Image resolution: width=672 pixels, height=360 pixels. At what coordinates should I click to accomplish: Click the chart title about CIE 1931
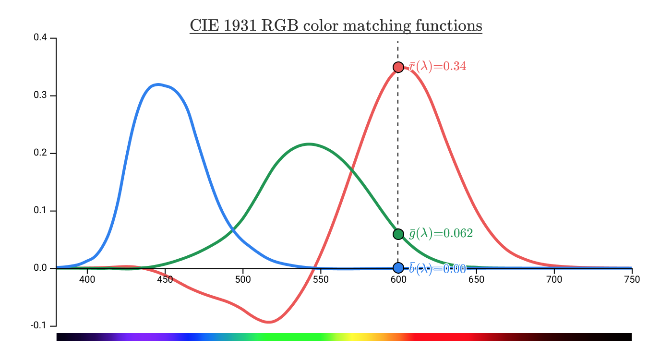click(x=336, y=25)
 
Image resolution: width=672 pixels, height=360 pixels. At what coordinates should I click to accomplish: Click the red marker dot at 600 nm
click(x=398, y=67)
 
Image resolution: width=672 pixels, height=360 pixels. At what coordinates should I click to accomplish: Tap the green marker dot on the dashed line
click(x=398, y=234)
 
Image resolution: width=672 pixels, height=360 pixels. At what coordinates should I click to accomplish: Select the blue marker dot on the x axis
click(x=398, y=268)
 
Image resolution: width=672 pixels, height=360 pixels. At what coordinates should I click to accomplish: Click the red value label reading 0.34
click(x=438, y=66)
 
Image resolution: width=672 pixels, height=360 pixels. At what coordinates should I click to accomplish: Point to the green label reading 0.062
click(x=441, y=233)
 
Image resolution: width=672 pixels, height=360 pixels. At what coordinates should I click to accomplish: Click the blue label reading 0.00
click(x=438, y=269)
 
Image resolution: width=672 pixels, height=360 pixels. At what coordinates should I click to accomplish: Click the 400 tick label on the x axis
click(x=87, y=280)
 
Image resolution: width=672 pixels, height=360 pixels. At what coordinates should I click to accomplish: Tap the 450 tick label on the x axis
click(x=165, y=280)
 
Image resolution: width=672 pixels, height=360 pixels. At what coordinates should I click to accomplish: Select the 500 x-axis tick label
click(x=243, y=280)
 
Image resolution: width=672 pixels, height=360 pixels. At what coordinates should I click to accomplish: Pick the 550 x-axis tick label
click(x=321, y=280)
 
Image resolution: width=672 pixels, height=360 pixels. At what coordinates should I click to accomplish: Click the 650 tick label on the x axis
click(x=476, y=280)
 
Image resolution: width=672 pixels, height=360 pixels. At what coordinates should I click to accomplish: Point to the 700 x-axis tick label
click(x=554, y=280)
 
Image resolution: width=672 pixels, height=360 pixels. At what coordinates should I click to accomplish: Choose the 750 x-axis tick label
click(x=632, y=280)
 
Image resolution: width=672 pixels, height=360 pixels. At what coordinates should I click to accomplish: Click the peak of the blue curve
click(x=158, y=84)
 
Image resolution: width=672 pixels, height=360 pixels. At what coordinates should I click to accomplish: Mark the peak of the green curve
click(x=309, y=144)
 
